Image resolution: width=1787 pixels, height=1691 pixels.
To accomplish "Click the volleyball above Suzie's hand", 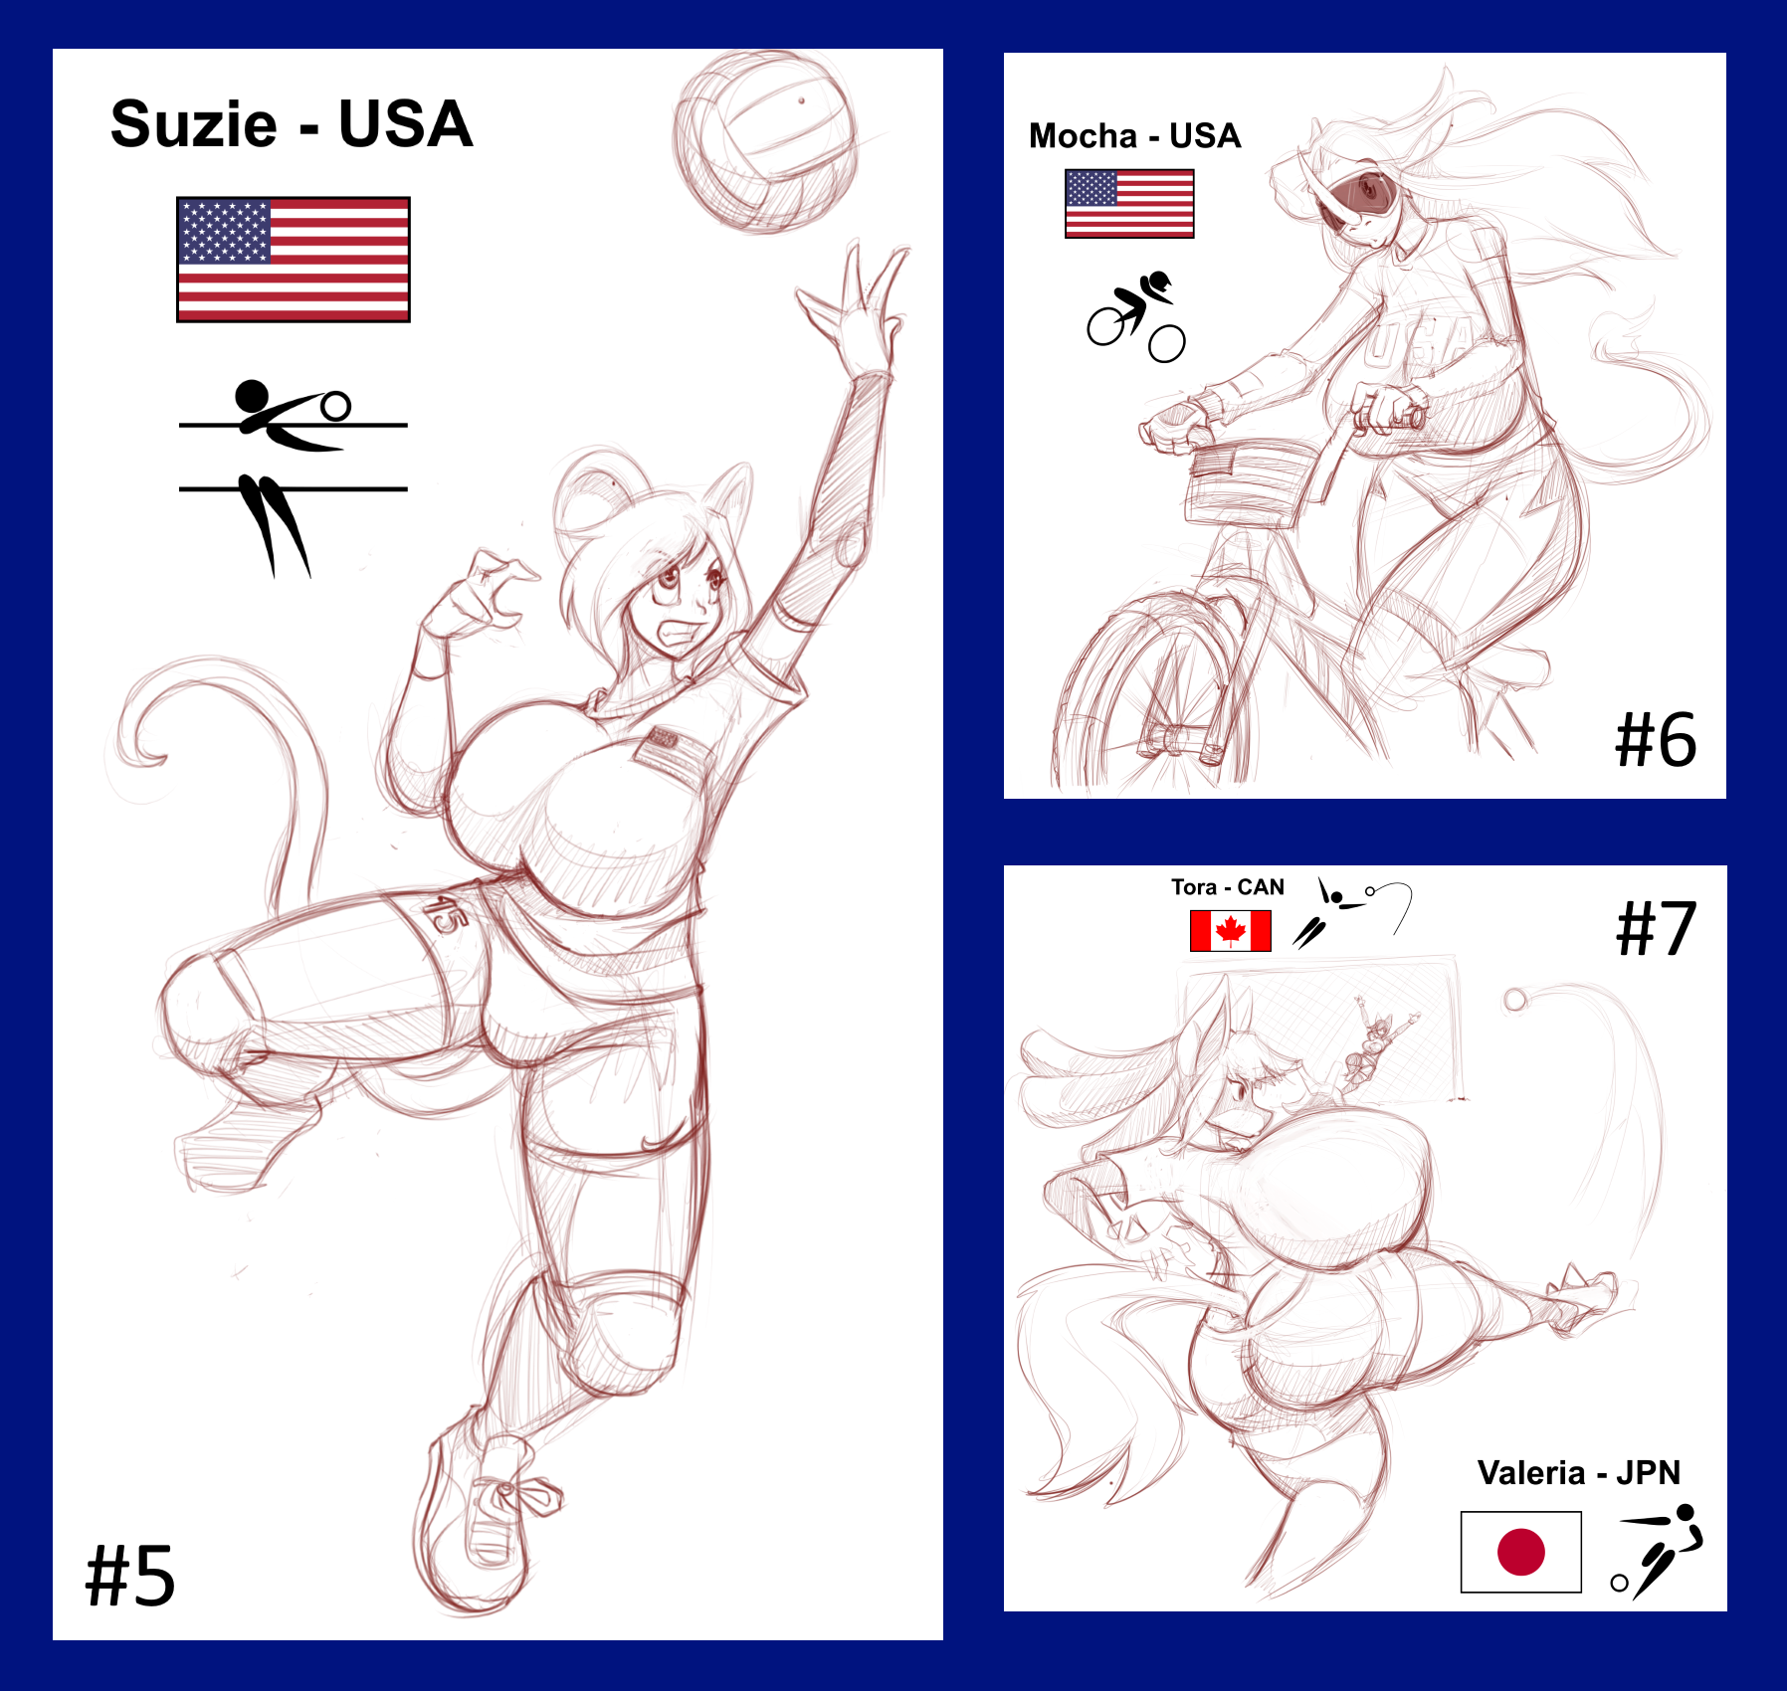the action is [764, 141].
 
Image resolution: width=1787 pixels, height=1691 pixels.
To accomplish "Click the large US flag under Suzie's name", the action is [294, 260].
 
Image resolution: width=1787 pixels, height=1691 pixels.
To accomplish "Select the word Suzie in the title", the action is [194, 124].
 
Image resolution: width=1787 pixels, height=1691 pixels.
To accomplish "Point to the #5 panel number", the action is [130, 1576].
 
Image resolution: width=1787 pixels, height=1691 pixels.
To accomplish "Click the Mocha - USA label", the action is [1135, 135].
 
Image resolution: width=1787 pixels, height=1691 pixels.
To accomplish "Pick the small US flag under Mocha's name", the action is [1129, 204].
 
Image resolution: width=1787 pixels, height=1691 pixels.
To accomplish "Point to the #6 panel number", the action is [1656, 740].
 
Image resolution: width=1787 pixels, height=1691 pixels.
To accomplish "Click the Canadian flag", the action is [1231, 931].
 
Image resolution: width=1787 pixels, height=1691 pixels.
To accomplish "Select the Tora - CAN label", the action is [1228, 887].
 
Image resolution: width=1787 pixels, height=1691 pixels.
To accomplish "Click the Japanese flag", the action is [1521, 1552].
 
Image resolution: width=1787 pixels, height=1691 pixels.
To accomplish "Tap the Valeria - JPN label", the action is [1579, 1472].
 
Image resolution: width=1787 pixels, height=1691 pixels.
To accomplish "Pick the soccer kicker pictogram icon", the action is [1657, 1552].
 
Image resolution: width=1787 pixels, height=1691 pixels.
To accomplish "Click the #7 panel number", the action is [1657, 929].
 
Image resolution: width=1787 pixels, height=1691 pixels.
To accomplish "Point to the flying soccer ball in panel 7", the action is [1514, 1000].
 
